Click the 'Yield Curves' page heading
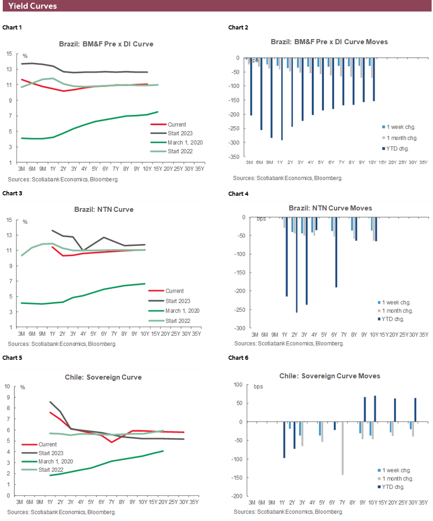[32, 6]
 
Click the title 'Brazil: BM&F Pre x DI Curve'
[106, 44]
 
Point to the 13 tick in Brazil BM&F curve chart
[10, 69]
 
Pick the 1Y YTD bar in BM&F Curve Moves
[281, 99]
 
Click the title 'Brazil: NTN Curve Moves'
[330, 208]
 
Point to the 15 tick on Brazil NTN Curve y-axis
[10, 220]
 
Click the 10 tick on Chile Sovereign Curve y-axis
[7, 386]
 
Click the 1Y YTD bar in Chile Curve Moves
[284, 440]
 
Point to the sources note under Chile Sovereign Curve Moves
[288, 512]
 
